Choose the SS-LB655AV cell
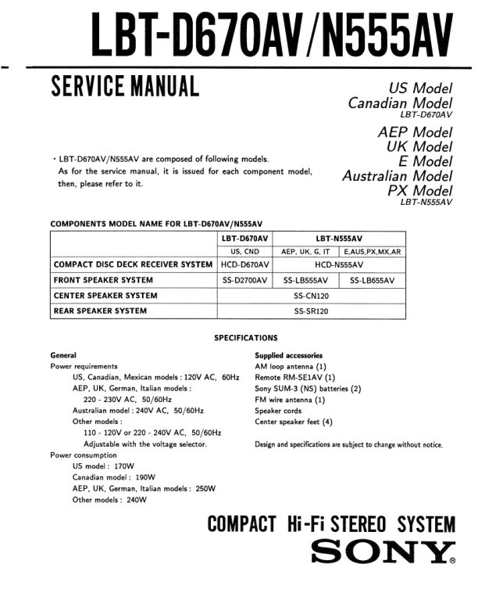pos(372,280)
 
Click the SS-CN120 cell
pos(311,296)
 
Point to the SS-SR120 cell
pos(311,311)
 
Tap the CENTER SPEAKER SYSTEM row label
pos(105,296)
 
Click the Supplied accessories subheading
pos(288,355)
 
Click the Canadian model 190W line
pos(113,477)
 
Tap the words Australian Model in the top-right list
pos(398,176)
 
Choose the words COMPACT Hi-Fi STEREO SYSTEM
pos(331,523)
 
